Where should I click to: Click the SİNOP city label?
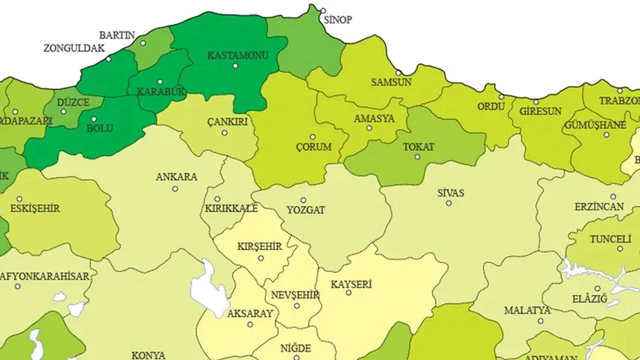coord(338,20)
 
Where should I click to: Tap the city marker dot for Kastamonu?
coord(235,65)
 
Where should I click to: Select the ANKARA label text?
coord(176,177)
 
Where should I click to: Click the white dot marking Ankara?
coord(175,189)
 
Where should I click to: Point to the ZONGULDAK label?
coord(74,48)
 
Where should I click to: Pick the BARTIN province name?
coord(117,35)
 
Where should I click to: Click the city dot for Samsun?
coord(398,72)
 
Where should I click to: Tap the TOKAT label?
coord(418,147)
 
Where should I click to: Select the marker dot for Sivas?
coord(448,203)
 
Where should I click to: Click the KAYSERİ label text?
coord(351,284)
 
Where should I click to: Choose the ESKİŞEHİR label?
coord(35,208)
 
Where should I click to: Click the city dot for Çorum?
coord(312,136)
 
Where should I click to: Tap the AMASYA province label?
coord(374,118)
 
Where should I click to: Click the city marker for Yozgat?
coord(303,200)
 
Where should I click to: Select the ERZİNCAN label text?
coord(599,206)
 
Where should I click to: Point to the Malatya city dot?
coord(540,321)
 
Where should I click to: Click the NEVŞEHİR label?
coord(294,295)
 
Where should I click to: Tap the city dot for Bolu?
coord(94,119)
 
